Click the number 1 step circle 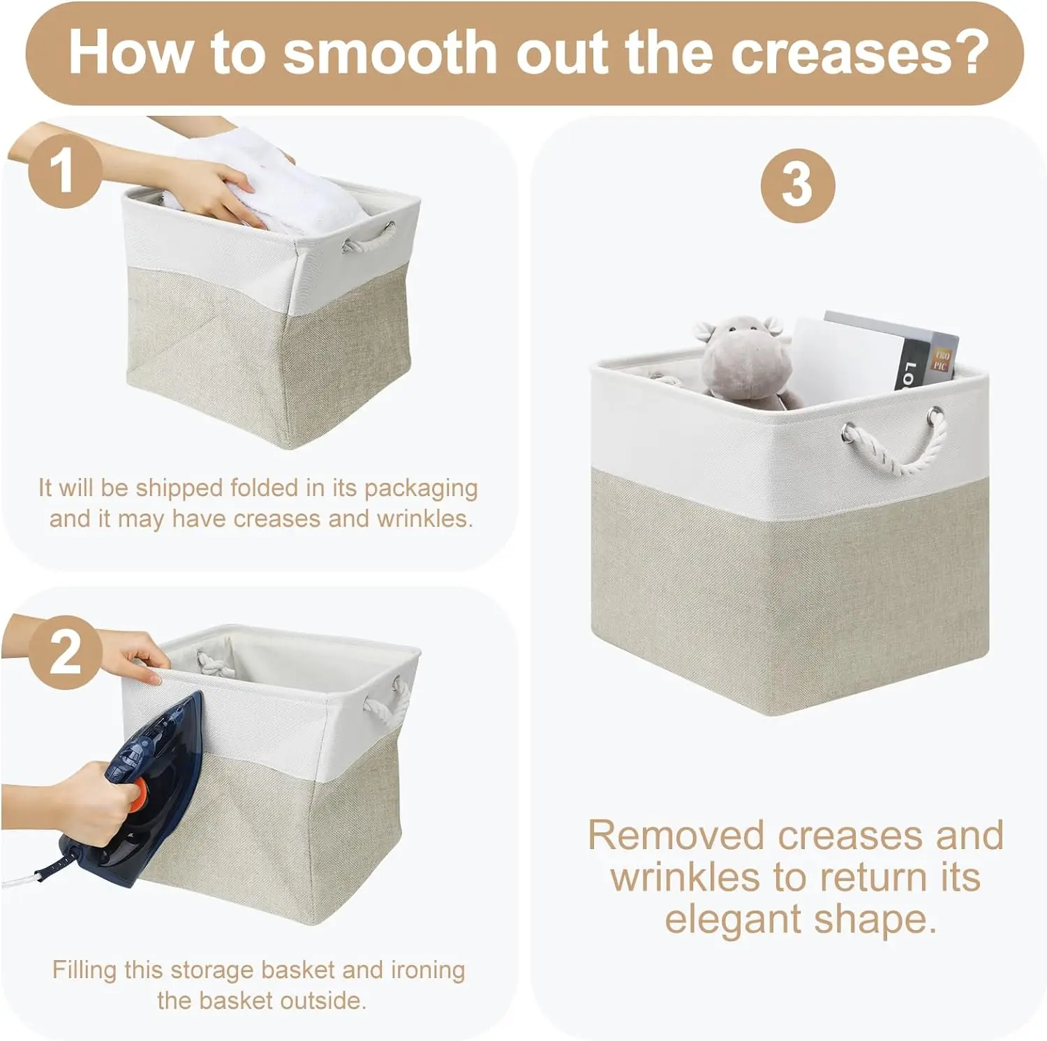(65, 172)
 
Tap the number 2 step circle (65, 653)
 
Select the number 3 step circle (798, 185)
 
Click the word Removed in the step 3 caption (676, 835)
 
